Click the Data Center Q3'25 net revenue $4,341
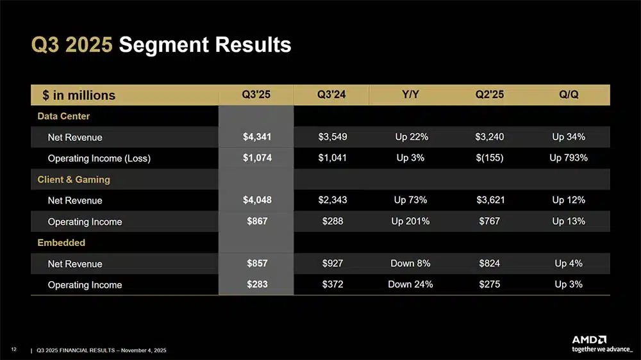256,136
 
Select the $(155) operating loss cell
490,158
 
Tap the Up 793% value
568,158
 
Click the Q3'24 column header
331,95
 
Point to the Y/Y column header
410,95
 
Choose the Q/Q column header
568,95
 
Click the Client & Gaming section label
74,179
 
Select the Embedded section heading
61,243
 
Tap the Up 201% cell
410,221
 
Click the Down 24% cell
410,284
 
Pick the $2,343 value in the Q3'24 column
332,200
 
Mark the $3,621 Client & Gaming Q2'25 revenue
490,200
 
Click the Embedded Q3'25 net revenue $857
256,263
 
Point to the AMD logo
589,340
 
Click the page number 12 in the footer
13,349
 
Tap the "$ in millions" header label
79,95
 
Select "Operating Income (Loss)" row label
99,158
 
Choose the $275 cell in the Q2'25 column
490,284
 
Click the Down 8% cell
410,263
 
